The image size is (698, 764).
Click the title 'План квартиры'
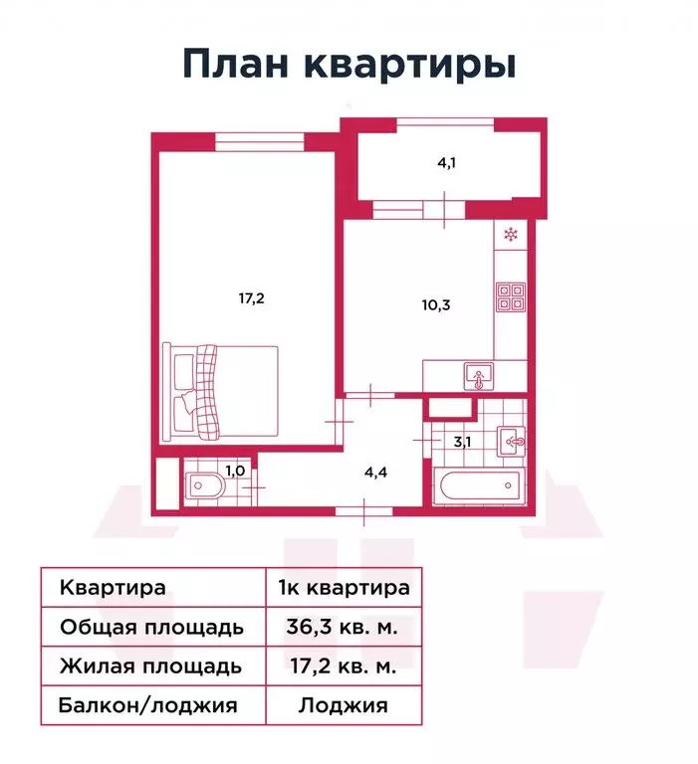pyautogui.click(x=349, y=65)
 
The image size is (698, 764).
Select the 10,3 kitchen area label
pyautogui.click(x=435, y=305)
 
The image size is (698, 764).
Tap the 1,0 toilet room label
pyautogui.click(x=234, y=472)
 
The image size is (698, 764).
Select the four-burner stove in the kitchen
pyautogui.click(x=511, y=295)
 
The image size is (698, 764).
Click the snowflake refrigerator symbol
pyautogui.click(x=510, y=236)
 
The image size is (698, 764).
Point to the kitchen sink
pyautogui.click(x=480, y=377)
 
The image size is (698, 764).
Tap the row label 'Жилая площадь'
pyautogui.click(x=150, y=667)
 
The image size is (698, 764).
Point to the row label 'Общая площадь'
pyautogui.click(x=150, y=627)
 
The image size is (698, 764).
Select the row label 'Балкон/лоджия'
pyautogui.click(x=148, y=706)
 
